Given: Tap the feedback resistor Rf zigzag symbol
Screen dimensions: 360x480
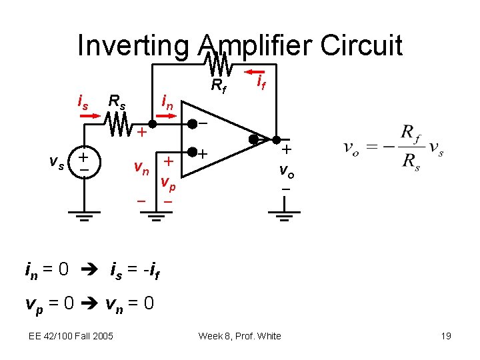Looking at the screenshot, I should coord(217,65).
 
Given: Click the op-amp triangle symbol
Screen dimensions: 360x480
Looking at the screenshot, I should coord(223,139).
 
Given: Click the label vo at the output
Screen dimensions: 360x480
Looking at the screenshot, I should coord(286,171).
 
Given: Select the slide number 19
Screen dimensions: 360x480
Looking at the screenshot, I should coord(446,336).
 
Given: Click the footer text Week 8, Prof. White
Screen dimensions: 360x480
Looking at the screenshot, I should coord(239,336).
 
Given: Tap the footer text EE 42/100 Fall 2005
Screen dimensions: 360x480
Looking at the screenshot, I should coord(70,336).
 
